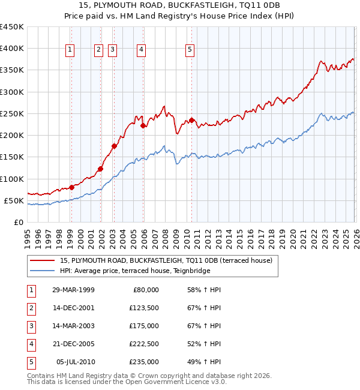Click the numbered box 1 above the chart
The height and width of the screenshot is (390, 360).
[71, 50]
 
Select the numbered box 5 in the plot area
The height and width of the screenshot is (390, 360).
[190, 50]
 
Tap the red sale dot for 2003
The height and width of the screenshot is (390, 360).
[114, 146]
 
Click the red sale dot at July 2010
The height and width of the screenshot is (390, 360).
[191, 120]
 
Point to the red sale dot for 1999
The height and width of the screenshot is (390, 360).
[71, 187]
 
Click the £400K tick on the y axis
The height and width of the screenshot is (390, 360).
[12, 49]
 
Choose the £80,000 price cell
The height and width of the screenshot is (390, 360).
[146, 290]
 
